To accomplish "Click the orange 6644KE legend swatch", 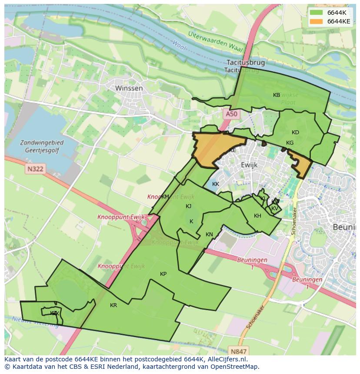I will coord(316,21).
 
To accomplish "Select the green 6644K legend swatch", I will coord(316,13).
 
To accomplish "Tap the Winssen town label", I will coord(129,88).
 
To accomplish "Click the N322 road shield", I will coord(34,169).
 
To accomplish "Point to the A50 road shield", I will coord(232,114).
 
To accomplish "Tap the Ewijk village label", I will coord(249,165).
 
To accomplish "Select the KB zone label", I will coord(277,95).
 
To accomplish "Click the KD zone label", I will coord(295,132).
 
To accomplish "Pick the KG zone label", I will coord(290,143).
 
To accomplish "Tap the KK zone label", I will coord(216,184).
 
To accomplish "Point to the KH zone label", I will coord(257,216).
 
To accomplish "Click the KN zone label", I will coord(209,235).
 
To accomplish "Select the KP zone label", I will coord(163,274).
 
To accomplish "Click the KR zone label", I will coord(113,305).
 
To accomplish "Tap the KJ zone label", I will coord(188,206).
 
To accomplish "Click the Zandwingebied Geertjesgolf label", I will coord(42,146).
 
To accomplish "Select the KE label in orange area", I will coord(232,150).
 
